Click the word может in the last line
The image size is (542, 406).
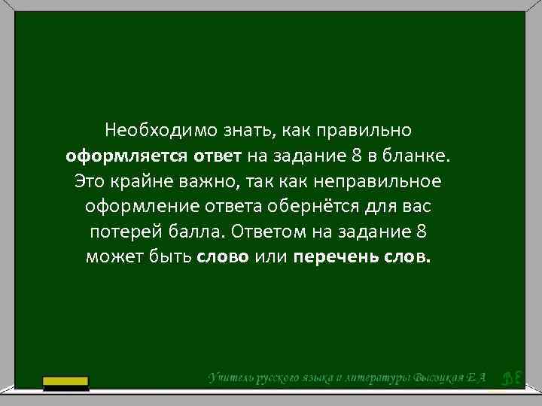(112, 258)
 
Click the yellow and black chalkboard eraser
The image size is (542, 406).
(65, 383)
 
